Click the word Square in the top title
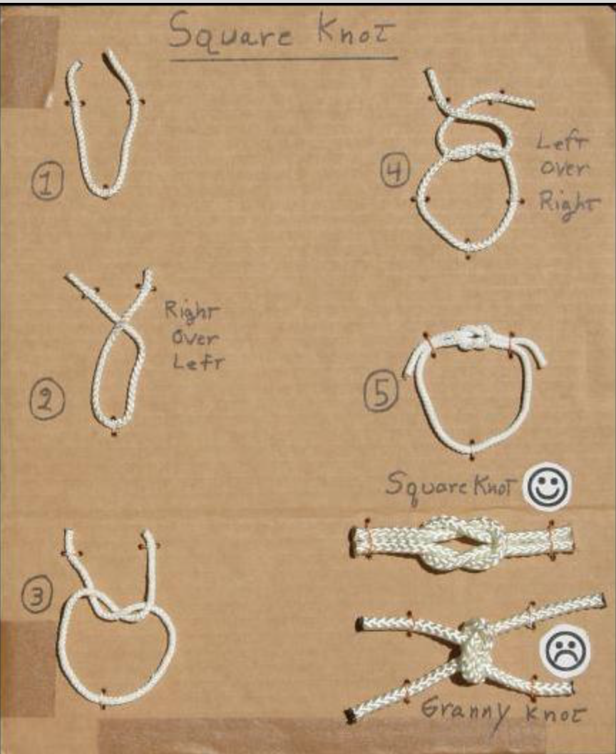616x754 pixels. pyautogui.click(x=231, y=31)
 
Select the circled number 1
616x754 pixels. pyautogui.click(x=47, y=181)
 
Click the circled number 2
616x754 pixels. pyautogui.click(x=46, y=400)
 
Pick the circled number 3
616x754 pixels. pyautogui.click(x=37, y=595)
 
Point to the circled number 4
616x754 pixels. pyautogui.click(x=396, y=170)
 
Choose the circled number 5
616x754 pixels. pyautogui.click(x=381, y=391)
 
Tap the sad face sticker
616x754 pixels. pyautogui.click(x=564, y=651)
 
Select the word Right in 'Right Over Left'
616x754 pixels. pyautogui.click(x=192, y=311)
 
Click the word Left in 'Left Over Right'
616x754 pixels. pyautogui.click(x=562, y=141)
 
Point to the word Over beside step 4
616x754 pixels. pyautogui.click(x=563, y=167)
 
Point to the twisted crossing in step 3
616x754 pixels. pyautogui.click(x=118, y=611)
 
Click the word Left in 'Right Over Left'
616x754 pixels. pyautogui.click(x=198, y=362)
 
